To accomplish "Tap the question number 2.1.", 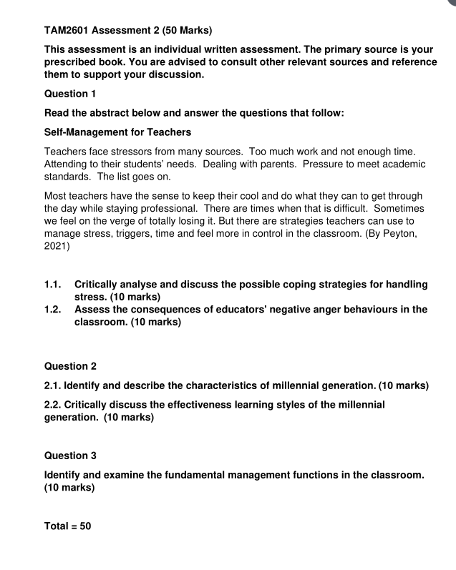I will [54, 386].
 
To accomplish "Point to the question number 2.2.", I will [54, 405].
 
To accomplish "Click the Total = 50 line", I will [68, 526].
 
